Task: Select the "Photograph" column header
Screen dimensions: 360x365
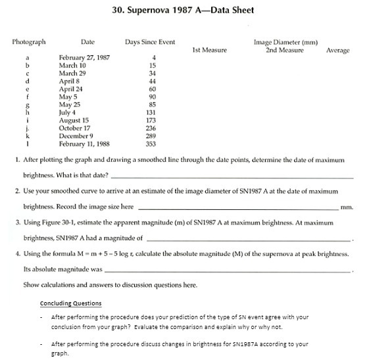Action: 29,42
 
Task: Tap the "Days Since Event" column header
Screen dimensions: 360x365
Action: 150,42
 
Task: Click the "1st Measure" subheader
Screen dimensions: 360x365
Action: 209,50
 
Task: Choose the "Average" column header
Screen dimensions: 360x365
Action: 337,50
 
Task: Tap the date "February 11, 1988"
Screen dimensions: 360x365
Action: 84,143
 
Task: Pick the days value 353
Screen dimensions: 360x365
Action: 151,143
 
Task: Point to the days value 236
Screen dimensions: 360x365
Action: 151,128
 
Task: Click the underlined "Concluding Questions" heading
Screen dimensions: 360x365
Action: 71,303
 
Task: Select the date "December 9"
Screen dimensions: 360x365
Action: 77,136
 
